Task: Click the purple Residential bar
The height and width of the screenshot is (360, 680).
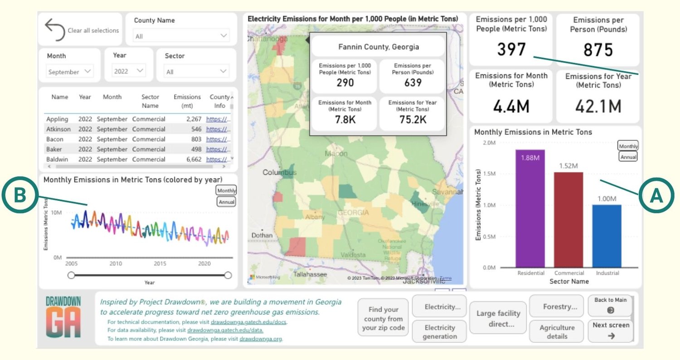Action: click(530, 209)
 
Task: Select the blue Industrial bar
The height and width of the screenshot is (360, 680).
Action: click(607, 236)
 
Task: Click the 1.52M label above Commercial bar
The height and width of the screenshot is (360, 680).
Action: click(568, 165)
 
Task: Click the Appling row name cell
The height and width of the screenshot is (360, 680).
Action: click(57, 119)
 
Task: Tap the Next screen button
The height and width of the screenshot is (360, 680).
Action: click(611, 331)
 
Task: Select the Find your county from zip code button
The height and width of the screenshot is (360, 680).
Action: click(383, 319)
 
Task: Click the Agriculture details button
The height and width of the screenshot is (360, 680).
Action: click(557, 332)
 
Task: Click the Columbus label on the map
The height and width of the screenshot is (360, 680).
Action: click(279, 173)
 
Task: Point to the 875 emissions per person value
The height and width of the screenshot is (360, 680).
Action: click(597, 49)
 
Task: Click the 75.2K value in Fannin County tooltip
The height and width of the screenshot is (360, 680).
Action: click(413, 119)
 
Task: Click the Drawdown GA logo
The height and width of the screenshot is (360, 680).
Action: click(63, 317)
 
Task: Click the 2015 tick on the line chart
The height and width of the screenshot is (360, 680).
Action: click(160, 263)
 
